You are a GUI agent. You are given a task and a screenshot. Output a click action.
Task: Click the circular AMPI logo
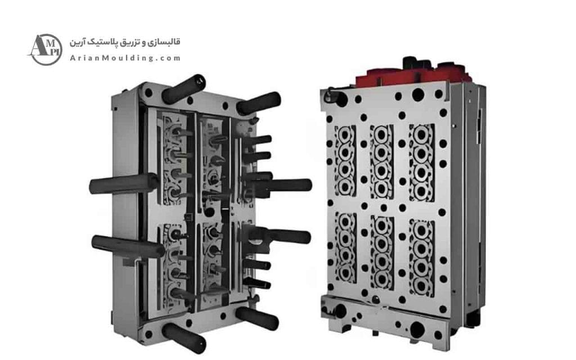[x=46, y=49]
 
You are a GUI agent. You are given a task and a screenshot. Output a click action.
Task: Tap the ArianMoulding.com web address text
[x=125, y=58]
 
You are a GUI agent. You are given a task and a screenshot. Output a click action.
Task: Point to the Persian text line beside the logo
[x=125, y=42]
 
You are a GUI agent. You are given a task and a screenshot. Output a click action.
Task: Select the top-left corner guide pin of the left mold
[x=183, y=89]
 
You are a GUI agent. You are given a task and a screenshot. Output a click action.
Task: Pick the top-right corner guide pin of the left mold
[x=259, y=103]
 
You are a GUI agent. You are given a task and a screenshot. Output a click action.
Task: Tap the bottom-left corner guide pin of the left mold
[x=184, y=338]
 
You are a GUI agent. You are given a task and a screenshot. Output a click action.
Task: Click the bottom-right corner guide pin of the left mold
[x=257, y=318]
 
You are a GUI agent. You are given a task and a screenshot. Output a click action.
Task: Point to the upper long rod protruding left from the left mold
[x=124, y=184]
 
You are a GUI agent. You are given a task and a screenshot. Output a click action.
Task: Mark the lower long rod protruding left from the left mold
[x=128, y=246]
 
